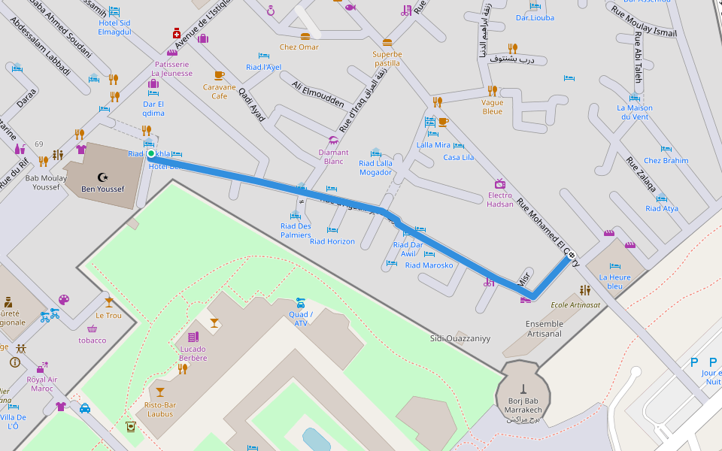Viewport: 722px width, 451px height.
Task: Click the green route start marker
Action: (x=151, y=154)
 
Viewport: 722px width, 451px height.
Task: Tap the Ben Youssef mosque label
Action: (x=103, y=189)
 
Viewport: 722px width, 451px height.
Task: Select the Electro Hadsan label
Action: (x=500, y=200)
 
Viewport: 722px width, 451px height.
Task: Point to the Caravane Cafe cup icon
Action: (x=219, y=75)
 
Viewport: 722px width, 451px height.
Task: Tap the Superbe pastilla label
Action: (x=387, y=59)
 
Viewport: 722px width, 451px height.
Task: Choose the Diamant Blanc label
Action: (x=333, y=157)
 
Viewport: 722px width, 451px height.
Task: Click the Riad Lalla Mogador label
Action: (x=375, y=168)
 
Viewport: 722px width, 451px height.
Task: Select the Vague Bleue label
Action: (x=492, y=107)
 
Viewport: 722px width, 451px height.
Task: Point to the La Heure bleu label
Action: (x=614, y=281)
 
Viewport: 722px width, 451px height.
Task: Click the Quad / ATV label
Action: (x=301, y=319)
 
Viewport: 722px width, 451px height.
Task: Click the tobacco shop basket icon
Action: (x=93, y=328)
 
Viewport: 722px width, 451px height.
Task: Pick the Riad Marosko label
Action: (x=429, y=265)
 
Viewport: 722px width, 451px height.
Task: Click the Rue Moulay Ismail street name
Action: (x=643, y=22)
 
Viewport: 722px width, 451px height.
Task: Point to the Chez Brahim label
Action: (x=666, y=161)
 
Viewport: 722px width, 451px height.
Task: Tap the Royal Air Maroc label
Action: (x=42, y=384)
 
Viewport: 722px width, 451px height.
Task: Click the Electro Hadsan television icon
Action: (x=500, y=184)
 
